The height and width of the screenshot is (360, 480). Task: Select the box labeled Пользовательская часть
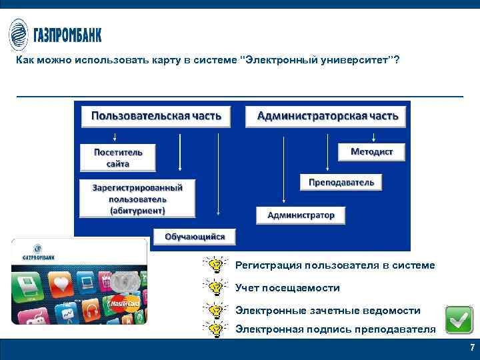(155, 116)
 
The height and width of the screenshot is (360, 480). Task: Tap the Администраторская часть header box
(327, 116)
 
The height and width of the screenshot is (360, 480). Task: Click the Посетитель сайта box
(117, 157)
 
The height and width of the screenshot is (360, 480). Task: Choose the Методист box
(371, 152)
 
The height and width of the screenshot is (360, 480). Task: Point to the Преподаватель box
(341, 182)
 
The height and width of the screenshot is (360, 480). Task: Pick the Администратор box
(301, 215)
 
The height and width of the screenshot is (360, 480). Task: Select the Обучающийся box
(195, 237)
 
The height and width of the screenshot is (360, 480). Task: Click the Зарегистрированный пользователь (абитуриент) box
(137, 199)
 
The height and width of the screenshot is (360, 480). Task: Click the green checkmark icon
(459, 320)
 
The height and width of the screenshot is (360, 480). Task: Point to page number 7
(472, 348)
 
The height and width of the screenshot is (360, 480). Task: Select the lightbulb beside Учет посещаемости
(215, 288)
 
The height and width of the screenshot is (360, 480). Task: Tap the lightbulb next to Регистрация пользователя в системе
(215, 265)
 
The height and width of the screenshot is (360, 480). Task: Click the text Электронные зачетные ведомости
(327, 311)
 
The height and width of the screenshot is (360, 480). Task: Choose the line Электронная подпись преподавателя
(335, 329)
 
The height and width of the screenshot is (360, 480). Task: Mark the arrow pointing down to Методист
(373, 136)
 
